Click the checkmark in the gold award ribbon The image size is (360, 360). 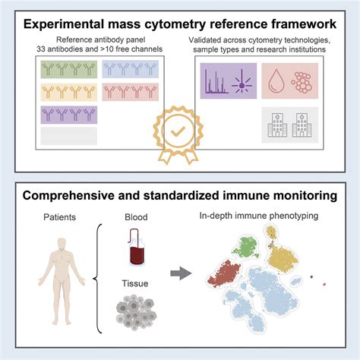point(178,131)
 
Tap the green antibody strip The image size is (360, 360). point(69,69)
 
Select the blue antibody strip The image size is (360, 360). point(131,69)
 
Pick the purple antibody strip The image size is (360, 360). point(69,115)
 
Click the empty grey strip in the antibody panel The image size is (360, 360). point(69,136)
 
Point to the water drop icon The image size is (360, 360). point(276,81)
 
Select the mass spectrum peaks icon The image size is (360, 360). point(216,82)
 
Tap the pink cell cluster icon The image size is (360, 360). point(302,82)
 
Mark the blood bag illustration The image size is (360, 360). point(137,247)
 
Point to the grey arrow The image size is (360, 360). point(181,273)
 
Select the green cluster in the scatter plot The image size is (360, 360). point(245,248)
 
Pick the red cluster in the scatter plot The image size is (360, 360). point(224,274)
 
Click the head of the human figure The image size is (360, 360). point(62,245)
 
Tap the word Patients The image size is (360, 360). point(59,217)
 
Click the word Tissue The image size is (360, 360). point(135,283)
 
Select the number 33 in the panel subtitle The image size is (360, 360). point(41,49)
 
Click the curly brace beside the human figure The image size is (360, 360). point(98,279)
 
